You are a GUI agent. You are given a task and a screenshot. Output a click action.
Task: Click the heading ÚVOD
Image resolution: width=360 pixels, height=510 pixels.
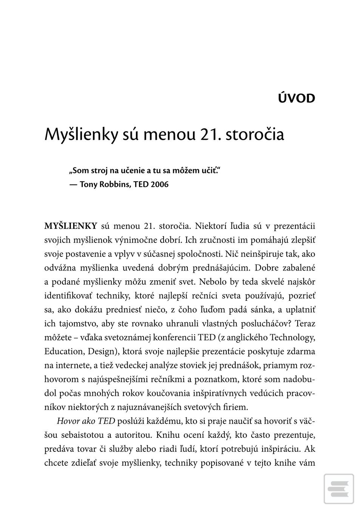pos(296,98)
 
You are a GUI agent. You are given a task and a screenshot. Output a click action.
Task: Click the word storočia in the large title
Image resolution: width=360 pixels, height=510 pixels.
pos(255,134)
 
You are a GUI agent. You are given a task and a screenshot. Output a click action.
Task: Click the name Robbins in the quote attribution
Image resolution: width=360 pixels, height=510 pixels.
pos(114,184)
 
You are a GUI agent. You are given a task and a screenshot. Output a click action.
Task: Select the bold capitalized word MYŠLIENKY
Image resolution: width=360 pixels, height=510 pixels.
pos(71,226)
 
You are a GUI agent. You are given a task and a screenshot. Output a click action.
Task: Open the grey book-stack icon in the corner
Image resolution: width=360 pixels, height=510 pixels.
pos(338,489)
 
